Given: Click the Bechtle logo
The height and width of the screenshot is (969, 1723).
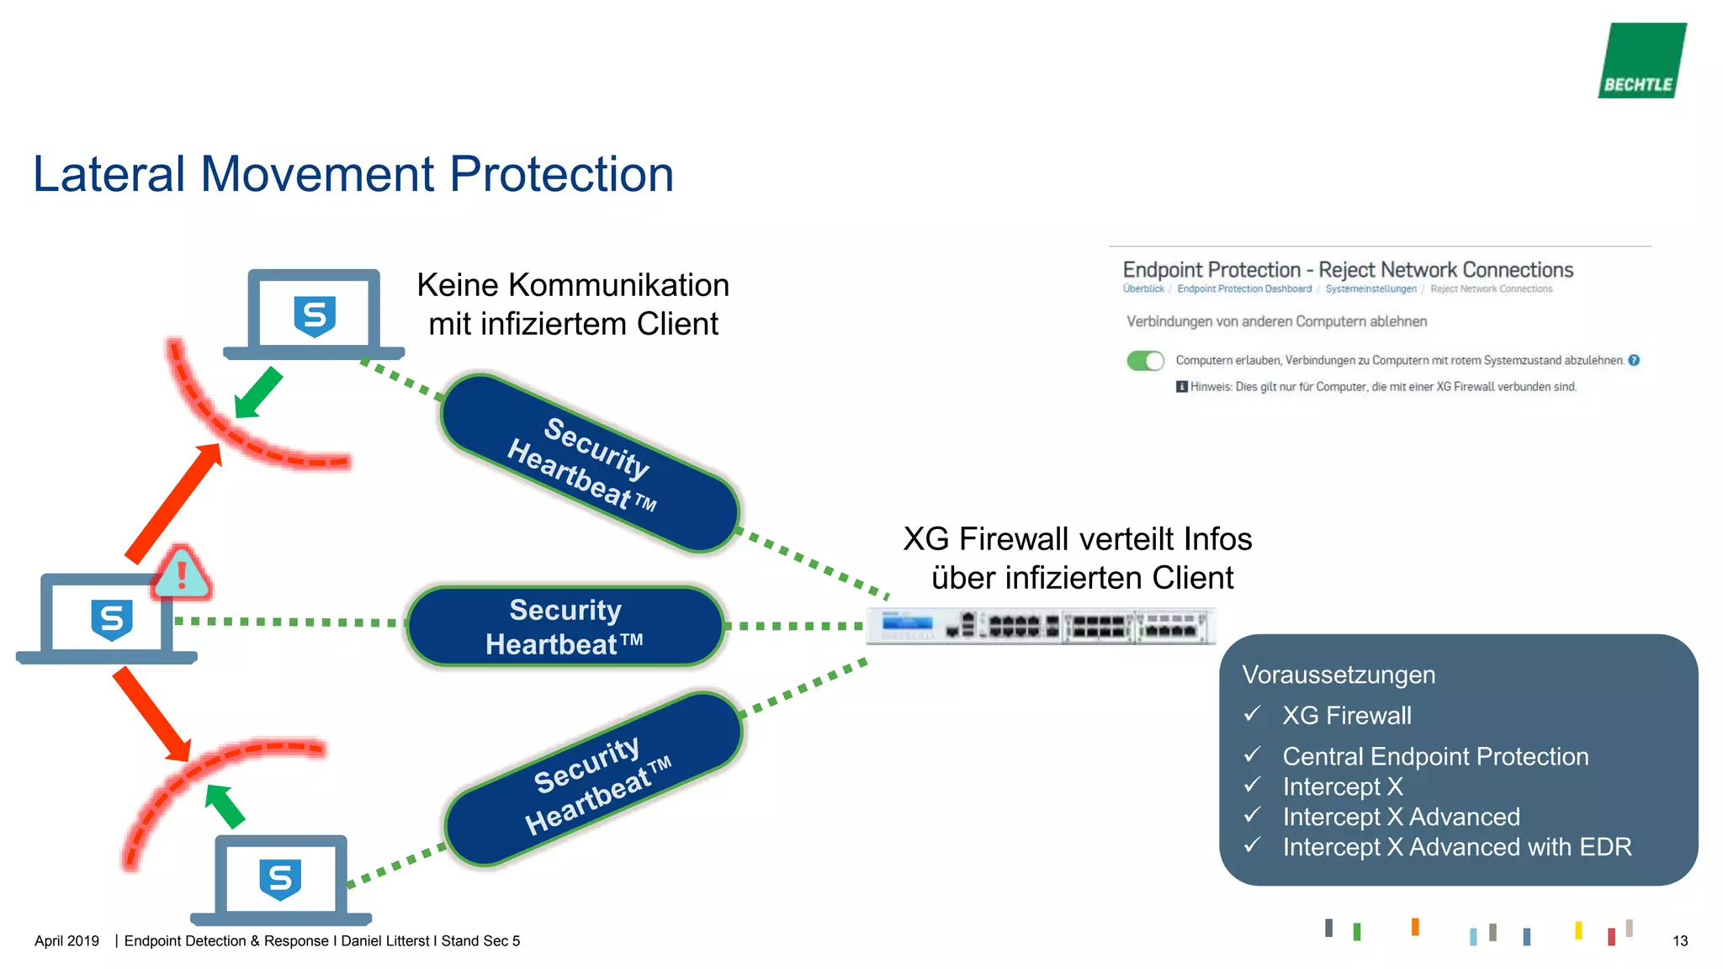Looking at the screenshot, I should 1641,61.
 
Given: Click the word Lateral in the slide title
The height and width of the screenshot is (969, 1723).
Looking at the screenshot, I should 109,174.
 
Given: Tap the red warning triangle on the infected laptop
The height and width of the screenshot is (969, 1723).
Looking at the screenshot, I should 181,574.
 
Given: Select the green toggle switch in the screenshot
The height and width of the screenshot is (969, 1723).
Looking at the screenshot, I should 1145,361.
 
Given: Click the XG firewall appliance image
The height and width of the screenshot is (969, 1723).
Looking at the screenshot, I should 1041,626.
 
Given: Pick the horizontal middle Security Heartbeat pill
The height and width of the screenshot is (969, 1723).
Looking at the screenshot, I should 565,627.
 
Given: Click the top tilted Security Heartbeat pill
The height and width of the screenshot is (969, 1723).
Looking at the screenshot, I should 589,463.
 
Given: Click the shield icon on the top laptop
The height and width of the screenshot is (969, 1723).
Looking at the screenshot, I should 315,316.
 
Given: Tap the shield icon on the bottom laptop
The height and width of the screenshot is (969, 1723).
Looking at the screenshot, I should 280,879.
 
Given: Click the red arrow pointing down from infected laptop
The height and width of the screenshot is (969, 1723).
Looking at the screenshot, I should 152,714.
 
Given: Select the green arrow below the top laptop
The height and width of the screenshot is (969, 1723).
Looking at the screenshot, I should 258,392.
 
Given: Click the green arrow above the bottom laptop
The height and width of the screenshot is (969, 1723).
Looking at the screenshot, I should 225,805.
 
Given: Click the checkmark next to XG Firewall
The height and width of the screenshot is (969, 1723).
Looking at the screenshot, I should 1253,714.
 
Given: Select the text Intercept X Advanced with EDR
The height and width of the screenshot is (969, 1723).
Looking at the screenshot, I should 1456,847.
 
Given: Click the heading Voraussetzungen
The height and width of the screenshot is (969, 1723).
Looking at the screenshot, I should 1339,675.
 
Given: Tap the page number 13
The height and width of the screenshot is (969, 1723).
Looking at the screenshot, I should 1679,940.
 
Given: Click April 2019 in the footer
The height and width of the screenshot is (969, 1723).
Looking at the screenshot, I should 66,940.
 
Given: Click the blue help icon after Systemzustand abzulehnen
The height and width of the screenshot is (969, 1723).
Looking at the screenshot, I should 1634,360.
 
